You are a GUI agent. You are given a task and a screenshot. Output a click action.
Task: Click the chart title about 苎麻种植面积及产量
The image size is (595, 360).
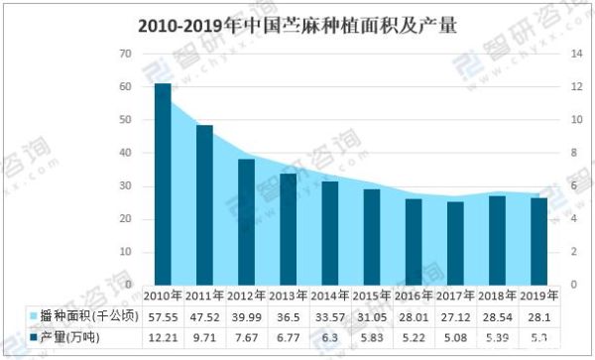pyautogui.click(x=297, y=23)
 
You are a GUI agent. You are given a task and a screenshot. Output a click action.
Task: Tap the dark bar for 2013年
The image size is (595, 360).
pyautogui.click(x=288, y=228)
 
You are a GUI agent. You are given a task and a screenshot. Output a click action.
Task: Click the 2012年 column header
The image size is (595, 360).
pyautogui.click(x=246, y=295)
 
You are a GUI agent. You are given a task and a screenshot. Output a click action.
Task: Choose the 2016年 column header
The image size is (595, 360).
pyautogui.click(x=413, y=295)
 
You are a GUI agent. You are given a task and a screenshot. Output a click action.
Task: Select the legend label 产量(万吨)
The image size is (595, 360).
pyautogui.click(x=71, y=338)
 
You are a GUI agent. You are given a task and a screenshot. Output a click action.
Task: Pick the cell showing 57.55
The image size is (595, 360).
pyautogui.click(x=163, y=316)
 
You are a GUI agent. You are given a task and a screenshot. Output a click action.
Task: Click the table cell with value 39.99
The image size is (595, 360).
pyautogui.click(x=246, y=316)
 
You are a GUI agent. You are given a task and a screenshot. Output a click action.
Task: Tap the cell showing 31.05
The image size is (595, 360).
pyautogui.click(x=371, y=316)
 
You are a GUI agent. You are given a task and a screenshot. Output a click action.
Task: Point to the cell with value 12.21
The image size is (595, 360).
pyautogui.click(x=163, y=338)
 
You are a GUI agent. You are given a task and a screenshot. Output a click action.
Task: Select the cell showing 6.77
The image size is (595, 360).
pyautogui.click(x=288, y=338)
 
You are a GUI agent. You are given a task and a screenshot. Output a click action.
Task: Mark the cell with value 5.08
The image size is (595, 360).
pyautogui.click(x=454, y=338)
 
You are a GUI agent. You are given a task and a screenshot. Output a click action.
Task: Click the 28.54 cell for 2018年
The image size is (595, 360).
pyautogui.click(x=497, y=316)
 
